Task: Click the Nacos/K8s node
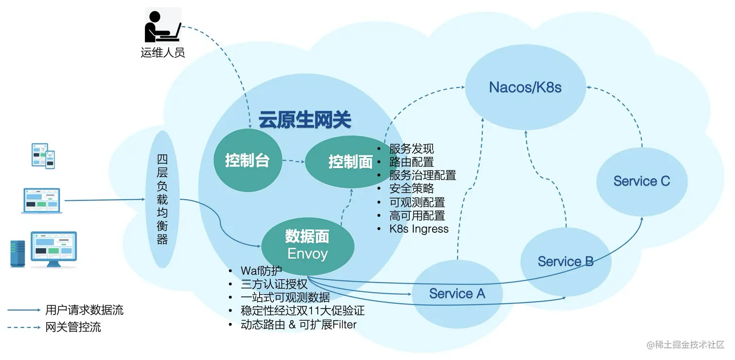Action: [x=525, y=87]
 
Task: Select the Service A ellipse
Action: [x=457, y=294]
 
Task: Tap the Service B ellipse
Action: [x=565, y=261]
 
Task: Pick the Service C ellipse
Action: [x=642, y=181]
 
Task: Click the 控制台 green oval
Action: [x=247, y=160]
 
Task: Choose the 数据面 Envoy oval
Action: [x=307, y=246]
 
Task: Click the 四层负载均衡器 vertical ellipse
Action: [x=162, y=199]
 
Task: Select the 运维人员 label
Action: [x=162, y=52]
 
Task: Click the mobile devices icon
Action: [x=43, y=155]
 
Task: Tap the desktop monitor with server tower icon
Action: [x=44, y=249]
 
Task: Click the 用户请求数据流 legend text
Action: [x=84, y=310]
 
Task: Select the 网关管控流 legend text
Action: [x=73, y=327]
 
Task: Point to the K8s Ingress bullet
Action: [x=419, y=229]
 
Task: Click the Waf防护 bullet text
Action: [x=261, y=271]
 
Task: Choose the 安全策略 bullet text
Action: [x=411, y=188]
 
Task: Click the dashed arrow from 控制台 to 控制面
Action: [x=293, y=161]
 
